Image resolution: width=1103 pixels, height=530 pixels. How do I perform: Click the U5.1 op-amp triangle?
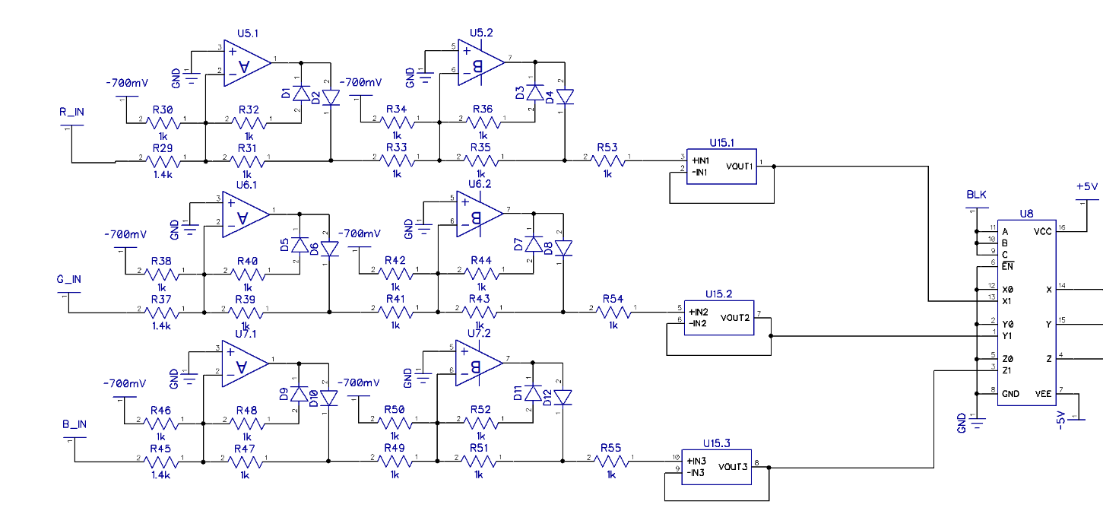pyautogui.click(x=247, y=63)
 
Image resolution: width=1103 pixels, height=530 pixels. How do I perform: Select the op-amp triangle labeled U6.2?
pyautogui.click(x=480, y=214)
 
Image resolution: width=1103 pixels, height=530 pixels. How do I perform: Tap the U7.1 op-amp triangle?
pyautogui.click(x=245, y=363)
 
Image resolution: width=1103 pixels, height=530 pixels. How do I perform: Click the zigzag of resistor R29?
pyautogui.click(x=163, y=161)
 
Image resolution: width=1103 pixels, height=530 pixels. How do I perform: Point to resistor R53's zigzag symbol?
pyautogui.click(x=607, y=160)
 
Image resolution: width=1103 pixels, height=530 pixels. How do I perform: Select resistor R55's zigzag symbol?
pyautogui.click(x=611, y=461)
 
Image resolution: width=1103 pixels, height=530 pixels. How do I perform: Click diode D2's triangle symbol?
pyautogui.click(x=331, y=97)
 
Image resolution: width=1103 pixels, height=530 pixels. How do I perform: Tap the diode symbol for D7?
pyautogui.click(x=534, y=244)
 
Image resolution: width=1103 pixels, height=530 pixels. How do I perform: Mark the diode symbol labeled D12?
pyautogui.click(x=563, y=398)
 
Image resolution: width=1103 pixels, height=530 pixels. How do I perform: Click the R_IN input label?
pyautogui.click(x=71, y=112)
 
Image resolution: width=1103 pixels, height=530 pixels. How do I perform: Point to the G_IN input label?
pyautogui.click(x=69, y=279)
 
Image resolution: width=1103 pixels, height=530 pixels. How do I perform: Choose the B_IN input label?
pyautogui.click(x=74, y=424)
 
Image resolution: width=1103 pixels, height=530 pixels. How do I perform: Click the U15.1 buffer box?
pyautogui.click(x=721, y=167)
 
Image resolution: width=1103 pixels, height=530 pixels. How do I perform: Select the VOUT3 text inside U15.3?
pyautogui.click(x=733, y=466)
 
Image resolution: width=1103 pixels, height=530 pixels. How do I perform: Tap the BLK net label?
pyautogui.click(x=977, y=195)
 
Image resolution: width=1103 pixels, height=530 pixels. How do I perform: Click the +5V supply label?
pyautogui.click(x=1087, y=187)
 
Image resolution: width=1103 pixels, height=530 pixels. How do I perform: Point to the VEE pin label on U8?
pyautogui.click(x=1043, y=394)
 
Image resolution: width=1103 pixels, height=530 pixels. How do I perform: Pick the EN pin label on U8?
pyautogui.click(x=1007, y=266)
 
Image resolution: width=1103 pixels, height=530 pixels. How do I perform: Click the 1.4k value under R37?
pyautogui.click(x=161, y=325)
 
